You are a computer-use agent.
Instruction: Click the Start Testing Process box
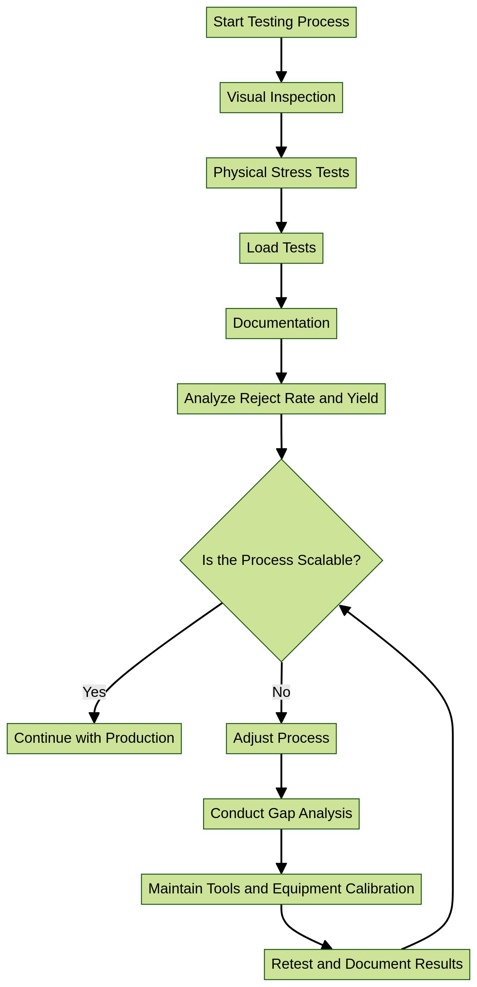point(281,22)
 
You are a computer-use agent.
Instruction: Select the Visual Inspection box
point(281,97)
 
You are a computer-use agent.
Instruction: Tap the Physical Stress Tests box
point(281,173)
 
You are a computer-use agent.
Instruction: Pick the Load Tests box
point(281,248)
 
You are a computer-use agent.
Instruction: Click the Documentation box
point(281,323)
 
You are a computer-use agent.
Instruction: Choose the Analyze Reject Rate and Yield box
point(281,399)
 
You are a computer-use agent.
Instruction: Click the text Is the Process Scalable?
point(281,560)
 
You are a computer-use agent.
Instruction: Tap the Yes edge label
point(94,692)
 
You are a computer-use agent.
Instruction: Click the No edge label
point(281,692)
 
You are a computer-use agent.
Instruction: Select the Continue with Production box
point(94,738)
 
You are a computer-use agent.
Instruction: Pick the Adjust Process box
point(281,738)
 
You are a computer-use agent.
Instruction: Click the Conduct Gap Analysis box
point(281,814)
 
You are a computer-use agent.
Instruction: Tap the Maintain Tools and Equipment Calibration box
point(281,889)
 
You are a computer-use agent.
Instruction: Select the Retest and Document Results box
point(367,964)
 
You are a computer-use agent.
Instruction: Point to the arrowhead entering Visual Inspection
point(281,77)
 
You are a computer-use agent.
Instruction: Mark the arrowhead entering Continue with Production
point(94,718)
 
